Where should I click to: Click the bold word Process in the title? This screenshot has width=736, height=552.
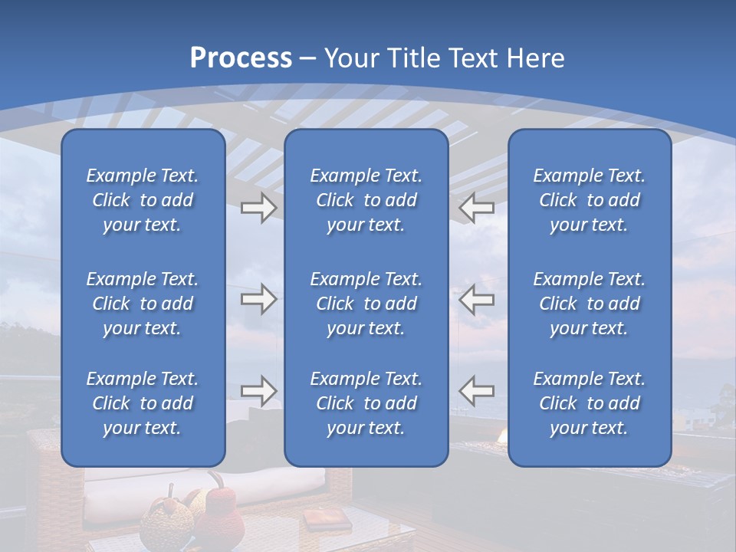tap(241, 58)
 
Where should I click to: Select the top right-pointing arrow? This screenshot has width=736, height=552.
tap(258, 208)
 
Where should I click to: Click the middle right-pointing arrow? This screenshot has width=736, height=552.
tap(258, 300)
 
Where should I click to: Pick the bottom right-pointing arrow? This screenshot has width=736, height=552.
tap(258, 391)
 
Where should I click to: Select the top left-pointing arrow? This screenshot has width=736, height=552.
tap(477, 208)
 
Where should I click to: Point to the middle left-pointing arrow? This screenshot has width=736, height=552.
tap(477, 300)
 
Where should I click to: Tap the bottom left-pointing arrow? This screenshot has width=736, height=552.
tap(477, 391)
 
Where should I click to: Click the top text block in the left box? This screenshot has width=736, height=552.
tap(143, 200)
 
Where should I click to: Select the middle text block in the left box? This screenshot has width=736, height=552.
tap(143, 304)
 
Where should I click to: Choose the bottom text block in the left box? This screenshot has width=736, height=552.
tap(143, 403)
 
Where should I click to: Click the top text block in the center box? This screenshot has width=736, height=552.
tap(366, 200)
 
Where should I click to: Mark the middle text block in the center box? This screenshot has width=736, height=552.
tap(366, 304)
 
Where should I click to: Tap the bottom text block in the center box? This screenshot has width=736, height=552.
tap(366, 403)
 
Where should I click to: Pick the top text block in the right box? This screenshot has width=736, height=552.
tap(589, 200)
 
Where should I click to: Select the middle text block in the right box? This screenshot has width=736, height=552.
tap(589, 304)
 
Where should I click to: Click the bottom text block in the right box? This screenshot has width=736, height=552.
tap(589, 403)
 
